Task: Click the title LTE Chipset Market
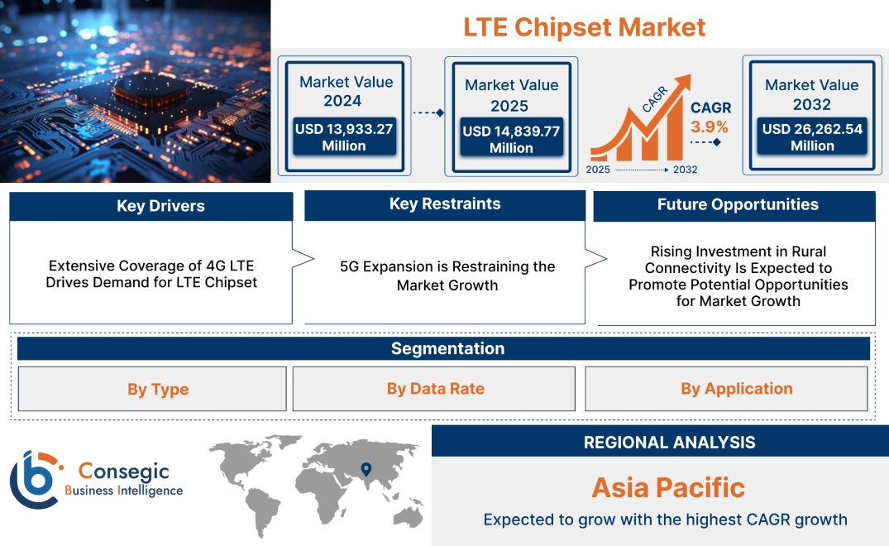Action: [x=584, y=26]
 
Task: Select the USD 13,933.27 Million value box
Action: [x=343, y=136]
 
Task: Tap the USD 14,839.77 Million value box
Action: [x=511, y=139]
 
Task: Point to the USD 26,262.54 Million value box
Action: [x=812, y=136]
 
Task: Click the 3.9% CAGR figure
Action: [x=710, y=127]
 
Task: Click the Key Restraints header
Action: [x=445, y=204]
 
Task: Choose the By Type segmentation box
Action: [x=157, y=389]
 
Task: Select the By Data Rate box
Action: [x=435, y=389]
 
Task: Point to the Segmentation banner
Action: [x=447, y=348]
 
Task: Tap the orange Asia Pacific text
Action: [x=668, y=487]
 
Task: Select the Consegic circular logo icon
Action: [x=35, y=479]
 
